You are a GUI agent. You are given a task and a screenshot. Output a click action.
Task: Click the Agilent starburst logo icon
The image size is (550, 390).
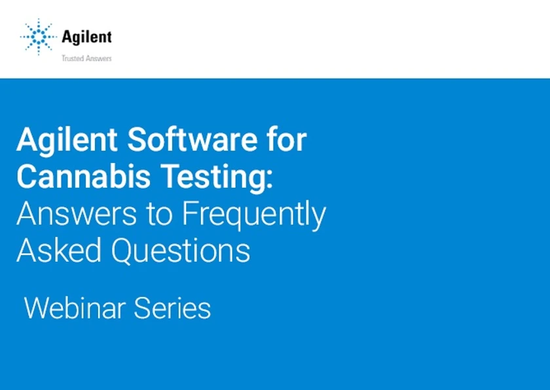pos(39,36)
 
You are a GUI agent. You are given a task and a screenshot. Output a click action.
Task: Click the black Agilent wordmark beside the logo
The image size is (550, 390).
pos(86,37)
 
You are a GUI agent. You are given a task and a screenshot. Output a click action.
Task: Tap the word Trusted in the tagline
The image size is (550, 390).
pos(73,58)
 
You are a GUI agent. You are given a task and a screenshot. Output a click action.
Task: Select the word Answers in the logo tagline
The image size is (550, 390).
pos(98,58)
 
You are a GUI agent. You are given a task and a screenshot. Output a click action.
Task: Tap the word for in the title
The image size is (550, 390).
pos(286,140)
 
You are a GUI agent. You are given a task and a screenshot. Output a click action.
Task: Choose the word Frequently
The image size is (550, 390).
pos(254,215)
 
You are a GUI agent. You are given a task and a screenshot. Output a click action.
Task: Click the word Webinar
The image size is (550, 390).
pos(75,308)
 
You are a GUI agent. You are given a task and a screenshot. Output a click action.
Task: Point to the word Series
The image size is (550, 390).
pos(173,308)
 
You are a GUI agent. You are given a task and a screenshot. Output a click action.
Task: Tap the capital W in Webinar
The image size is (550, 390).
pos(37,308)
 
